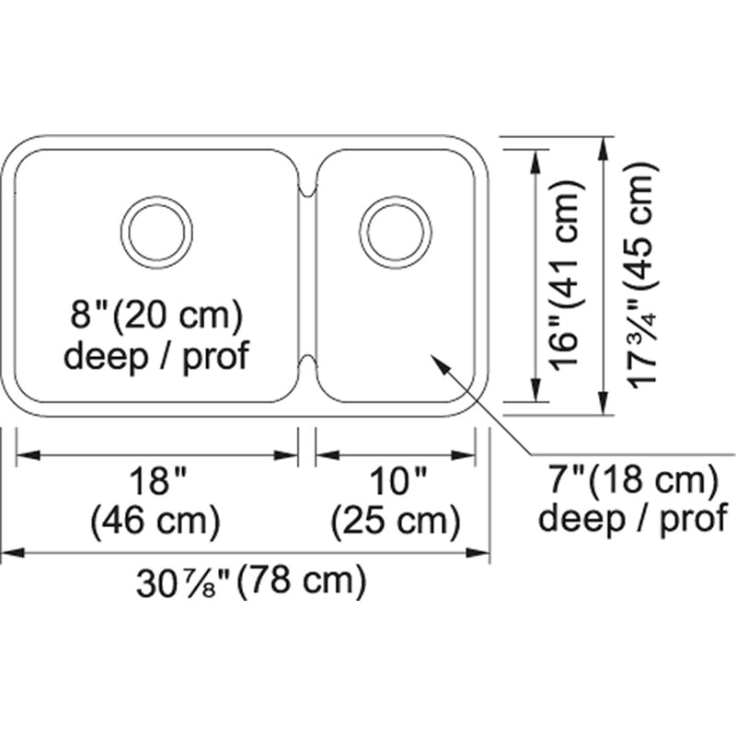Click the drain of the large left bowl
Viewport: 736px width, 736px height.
(x=156, y=233)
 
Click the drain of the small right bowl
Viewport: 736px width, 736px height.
(x=396, y=233)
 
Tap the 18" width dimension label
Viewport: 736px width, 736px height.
(x=158, y=481)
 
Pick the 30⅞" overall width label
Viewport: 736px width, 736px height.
(x=185, y=582)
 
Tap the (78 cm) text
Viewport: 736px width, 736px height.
(x=301, y=581)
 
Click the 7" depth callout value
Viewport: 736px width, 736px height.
(x=567, y=480)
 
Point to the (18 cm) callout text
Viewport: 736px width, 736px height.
(x=652, y=480)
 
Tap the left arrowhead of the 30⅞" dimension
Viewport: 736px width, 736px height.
(x=13, y=553)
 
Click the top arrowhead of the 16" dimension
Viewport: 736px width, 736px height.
(x=535, y=161)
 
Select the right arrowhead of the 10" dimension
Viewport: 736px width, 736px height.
(x=464, y=454)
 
